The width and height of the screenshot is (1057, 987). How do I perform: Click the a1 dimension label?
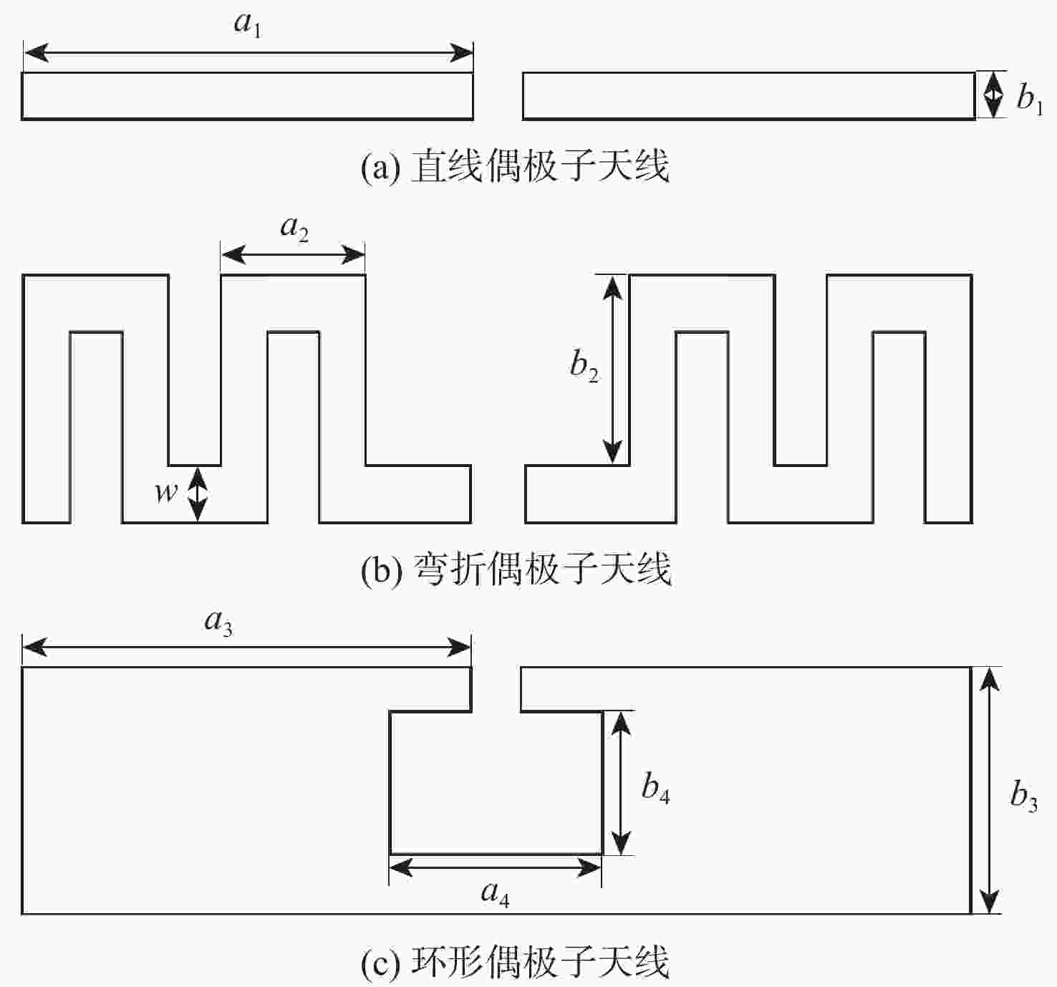(247, 24)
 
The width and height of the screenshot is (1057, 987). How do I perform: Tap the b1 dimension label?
(1029, 97)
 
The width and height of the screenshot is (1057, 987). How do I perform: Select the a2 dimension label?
(294, 228)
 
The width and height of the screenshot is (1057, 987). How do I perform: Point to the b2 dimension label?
(584, 366)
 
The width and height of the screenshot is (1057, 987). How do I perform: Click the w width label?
(166, 492)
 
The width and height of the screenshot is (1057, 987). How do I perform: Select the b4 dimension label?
(655, 789)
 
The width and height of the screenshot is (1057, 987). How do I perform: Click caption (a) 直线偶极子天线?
(515, 166)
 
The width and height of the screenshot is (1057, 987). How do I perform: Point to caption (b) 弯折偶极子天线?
(516, 569)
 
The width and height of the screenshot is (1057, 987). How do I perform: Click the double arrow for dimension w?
(197, 493)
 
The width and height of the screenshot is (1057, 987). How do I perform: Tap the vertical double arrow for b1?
(992, 95)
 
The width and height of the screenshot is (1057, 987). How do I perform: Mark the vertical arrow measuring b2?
(612, 369)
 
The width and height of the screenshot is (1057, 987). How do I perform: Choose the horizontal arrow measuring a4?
(495, 868)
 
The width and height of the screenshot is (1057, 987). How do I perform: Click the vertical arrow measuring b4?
(622, 782)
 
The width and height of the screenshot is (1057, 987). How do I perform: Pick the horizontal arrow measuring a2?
(293, 254)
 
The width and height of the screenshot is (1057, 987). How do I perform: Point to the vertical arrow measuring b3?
(989, 790)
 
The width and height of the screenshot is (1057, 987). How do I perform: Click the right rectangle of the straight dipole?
(748, 95)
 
